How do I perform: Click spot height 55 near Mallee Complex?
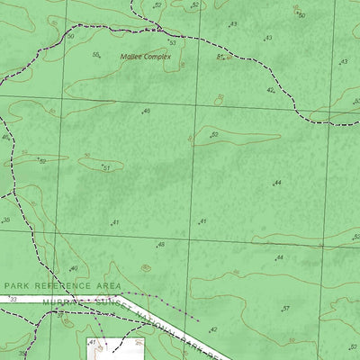pos(95,55)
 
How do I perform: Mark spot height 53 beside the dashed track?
pos(172,43)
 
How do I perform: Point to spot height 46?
pos(147,112)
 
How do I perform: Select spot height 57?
pos(286,309)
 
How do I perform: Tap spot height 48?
pos(161,245)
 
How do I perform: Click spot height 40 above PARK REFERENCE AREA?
pos(74,268)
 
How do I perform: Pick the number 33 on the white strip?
pos(13,299)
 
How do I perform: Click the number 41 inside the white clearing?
pos(92,343)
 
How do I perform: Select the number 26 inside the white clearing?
pos(139,343)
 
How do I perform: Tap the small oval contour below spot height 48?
pos(146,267)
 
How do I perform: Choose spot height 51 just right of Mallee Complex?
pos(220,56)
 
